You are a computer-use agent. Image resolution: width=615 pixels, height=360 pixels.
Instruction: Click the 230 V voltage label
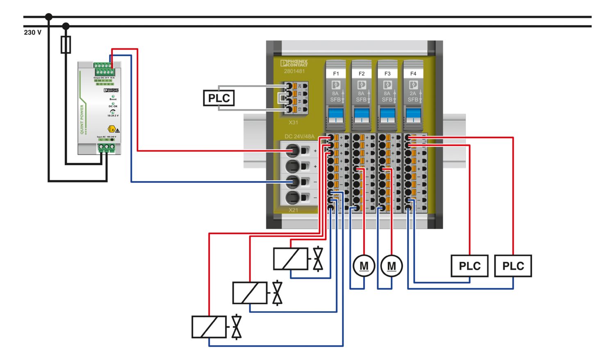[33, 32]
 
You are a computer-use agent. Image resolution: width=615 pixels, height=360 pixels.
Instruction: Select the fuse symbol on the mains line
[66, 45]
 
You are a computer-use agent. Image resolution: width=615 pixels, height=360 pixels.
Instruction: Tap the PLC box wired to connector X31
[219, 98]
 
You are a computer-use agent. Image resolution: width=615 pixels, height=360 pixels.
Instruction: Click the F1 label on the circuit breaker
[336, 73]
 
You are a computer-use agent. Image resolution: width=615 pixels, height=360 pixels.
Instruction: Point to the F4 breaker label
[413, 73]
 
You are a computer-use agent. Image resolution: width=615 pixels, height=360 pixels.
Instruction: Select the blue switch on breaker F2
[361, 114]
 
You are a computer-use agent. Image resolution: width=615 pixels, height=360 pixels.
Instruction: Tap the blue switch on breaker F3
[387, 114]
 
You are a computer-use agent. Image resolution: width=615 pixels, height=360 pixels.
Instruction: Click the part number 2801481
[294, 71]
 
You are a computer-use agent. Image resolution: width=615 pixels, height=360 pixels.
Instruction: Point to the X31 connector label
[293, 122]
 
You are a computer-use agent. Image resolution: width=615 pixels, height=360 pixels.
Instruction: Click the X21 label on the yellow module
[293, 210]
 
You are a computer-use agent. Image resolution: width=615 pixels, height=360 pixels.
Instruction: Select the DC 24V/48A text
[299, 137]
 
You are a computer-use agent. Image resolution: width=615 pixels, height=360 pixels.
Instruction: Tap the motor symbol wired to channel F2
[364, 266]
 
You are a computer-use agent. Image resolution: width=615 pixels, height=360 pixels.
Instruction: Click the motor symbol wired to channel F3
[392, 266]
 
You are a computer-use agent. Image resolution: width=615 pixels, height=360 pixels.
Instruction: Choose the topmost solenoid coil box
[291, 259]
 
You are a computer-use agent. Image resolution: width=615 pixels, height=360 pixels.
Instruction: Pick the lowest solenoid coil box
[209, 327]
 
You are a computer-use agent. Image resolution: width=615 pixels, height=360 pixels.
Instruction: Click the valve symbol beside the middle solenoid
[278, 293]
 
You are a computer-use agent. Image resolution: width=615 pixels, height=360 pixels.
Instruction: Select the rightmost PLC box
[513, 266]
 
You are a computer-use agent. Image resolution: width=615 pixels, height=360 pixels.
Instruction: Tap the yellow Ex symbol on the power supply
[111, 129]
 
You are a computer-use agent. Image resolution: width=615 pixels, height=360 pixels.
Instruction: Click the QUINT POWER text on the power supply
[82, 119]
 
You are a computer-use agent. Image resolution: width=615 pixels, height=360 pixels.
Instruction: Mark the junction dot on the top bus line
[49, 17]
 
